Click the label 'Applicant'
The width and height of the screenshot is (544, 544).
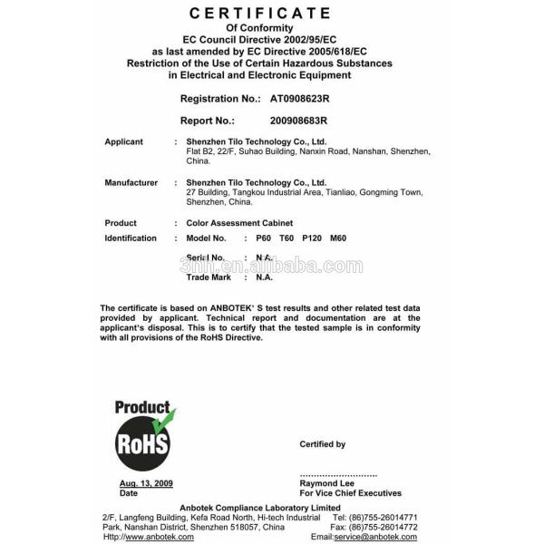coord(124,142)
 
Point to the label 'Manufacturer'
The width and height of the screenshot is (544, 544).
coord(131,183)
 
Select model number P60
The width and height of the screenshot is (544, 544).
coord(264,238)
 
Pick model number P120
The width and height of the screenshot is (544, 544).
coord(312,238)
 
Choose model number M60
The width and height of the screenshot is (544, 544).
coord(338,238)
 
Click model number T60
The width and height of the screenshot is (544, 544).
coord(287,238)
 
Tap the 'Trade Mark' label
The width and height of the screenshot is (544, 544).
coord(206,277)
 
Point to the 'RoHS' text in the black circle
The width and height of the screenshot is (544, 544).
coord(141,444)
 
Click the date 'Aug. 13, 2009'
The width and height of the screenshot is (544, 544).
coord(146,484)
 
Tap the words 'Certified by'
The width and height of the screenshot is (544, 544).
coord(322,444)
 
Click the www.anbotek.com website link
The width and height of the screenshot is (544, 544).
coord(161,537)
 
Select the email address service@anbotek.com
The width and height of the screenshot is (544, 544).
coord(375,537)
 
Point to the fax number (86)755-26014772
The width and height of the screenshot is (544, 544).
coord(385,527)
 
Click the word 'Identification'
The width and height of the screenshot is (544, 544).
coord(131,238)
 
